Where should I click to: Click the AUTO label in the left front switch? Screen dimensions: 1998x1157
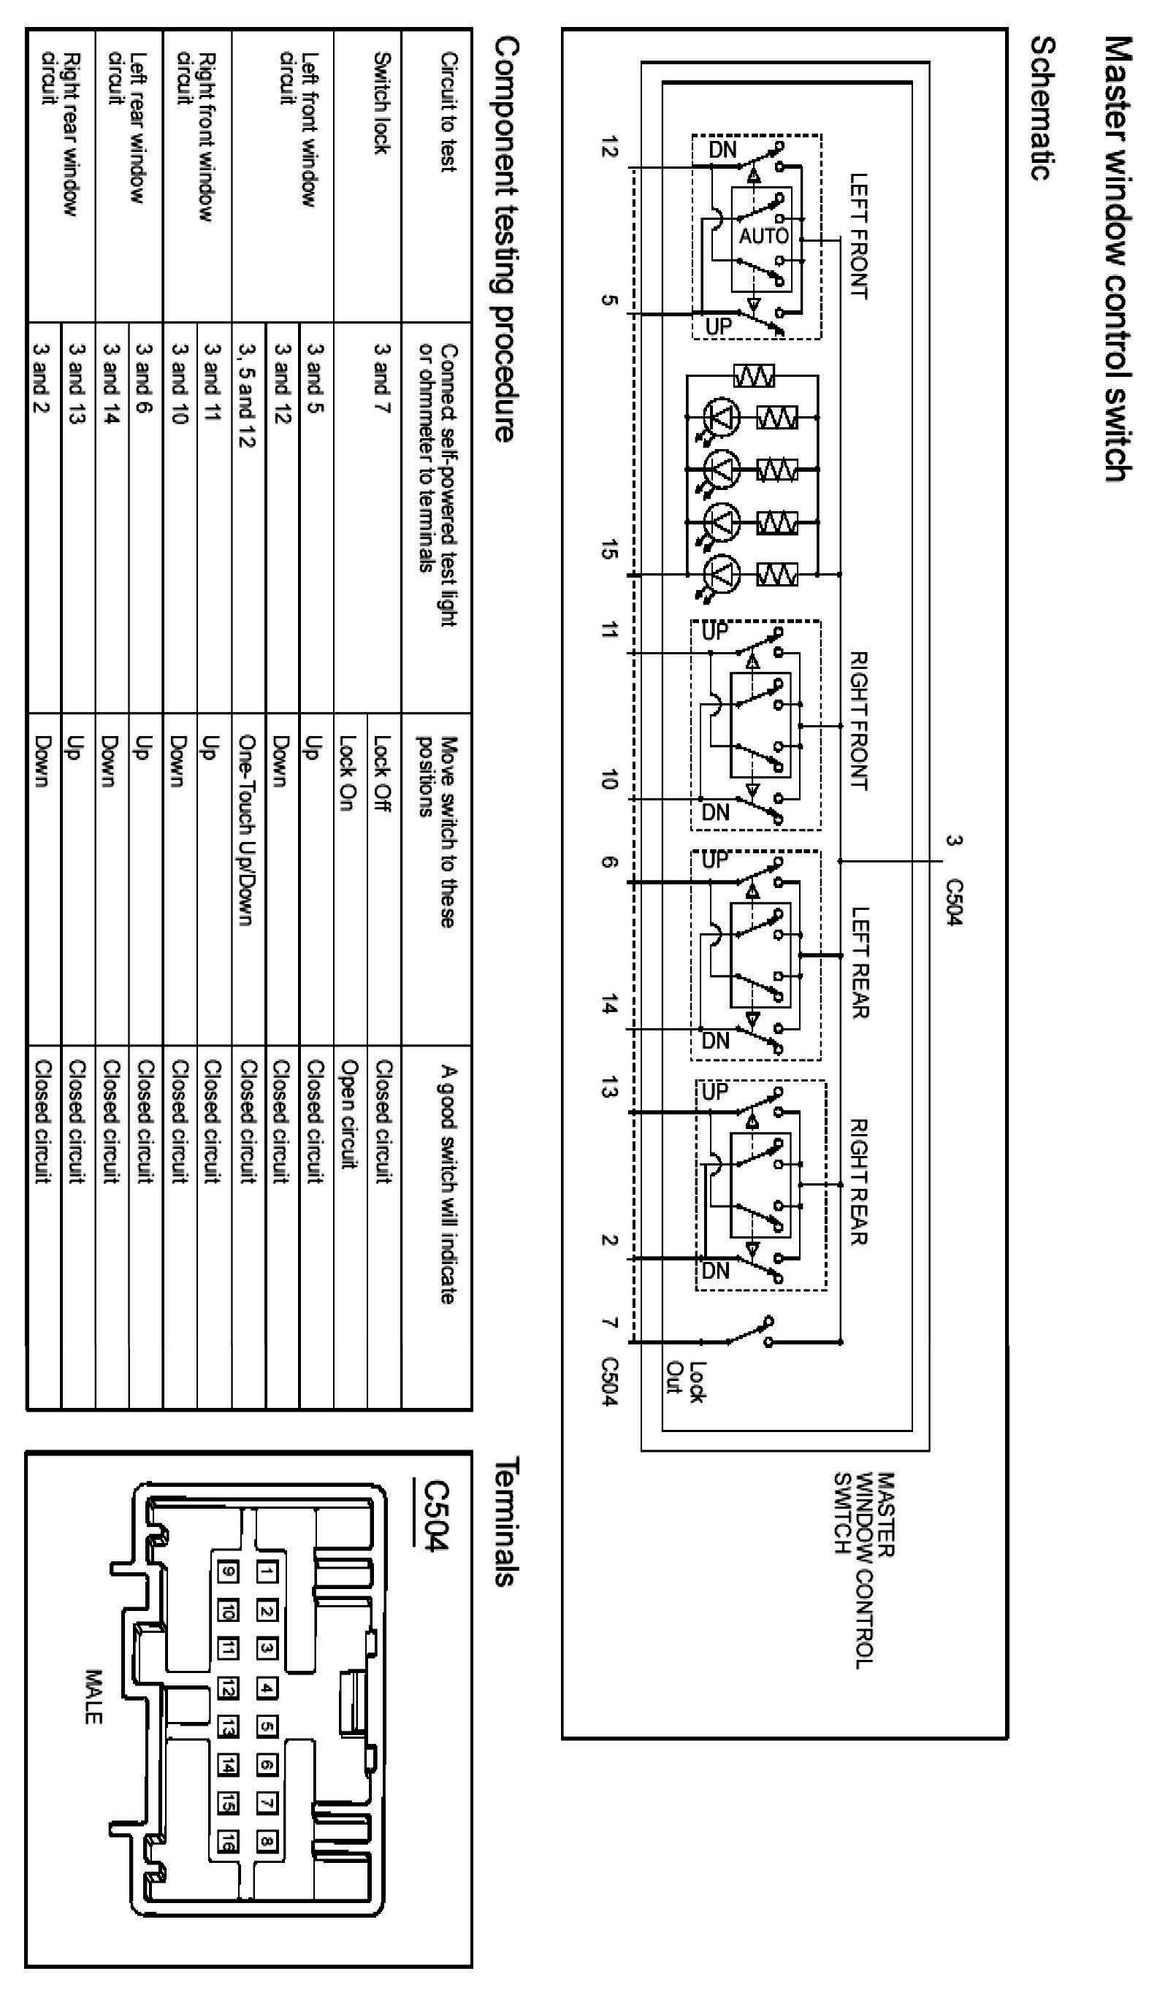coord(764,235)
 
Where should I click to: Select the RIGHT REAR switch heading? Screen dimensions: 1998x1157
coord(859,1182)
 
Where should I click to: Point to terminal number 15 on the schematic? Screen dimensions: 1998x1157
coord(608,548)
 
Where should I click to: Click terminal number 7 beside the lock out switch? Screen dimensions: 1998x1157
coord(608,1322)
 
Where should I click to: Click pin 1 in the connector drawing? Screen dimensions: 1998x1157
coord(267,1572)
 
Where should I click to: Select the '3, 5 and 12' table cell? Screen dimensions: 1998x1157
coord(248,395)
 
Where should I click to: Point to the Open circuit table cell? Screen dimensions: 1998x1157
coord(349,1113)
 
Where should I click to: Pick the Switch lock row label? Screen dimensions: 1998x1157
coord(382,103)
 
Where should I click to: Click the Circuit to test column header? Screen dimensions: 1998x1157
coord(448,111)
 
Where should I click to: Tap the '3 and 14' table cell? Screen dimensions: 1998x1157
coord(111,383)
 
